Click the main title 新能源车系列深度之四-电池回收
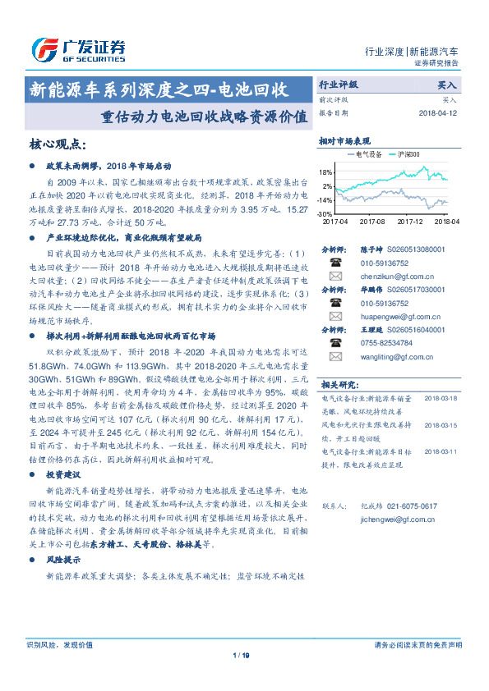tap(157, 89)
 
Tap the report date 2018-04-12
tap(438, 113)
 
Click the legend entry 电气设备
tap(362, 153)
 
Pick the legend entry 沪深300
tap(404, 153)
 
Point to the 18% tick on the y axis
tap(325, 172)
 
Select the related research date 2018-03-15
tap(441, 425)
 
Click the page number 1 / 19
tap(241, 654)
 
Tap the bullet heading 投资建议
tap(63, 475)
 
